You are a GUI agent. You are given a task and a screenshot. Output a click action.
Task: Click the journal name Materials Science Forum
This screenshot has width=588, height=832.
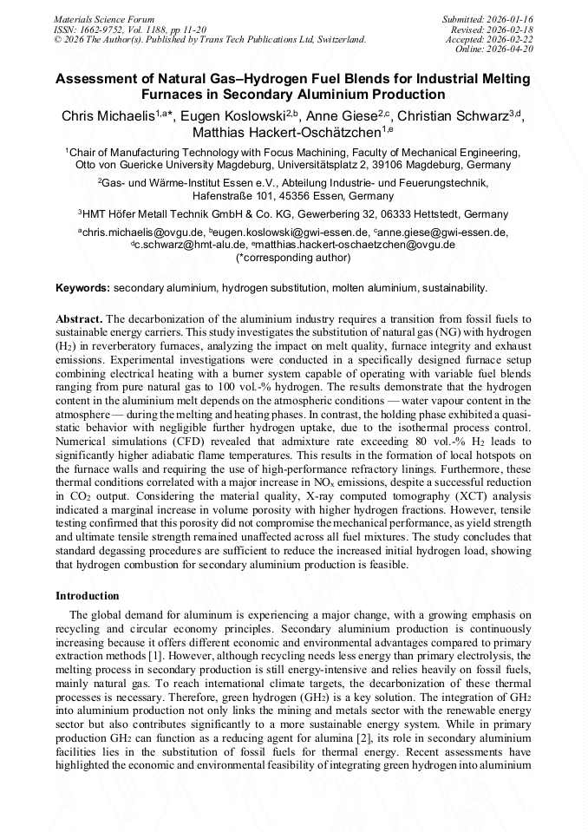pos(104,18)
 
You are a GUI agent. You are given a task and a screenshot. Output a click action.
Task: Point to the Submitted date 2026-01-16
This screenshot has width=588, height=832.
pos(512,18)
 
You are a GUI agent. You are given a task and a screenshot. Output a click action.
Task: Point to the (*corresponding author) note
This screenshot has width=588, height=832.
pos(293,257)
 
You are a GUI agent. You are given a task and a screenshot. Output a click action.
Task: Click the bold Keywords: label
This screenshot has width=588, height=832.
pos(83,287)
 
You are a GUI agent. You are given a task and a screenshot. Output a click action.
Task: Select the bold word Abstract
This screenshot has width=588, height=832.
pos(79,318)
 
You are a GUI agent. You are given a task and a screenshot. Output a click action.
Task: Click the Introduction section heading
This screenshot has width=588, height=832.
pos(88,596)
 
